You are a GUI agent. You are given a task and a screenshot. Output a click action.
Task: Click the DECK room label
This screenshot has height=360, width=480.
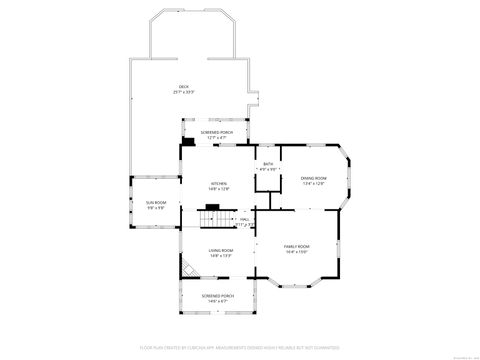(183, 87)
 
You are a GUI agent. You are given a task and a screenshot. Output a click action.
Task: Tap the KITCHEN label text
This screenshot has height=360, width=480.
(218, 183)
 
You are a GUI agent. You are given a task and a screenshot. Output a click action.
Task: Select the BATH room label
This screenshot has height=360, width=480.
(267, 164)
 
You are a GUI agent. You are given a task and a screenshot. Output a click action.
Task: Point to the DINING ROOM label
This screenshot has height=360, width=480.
(315, 178)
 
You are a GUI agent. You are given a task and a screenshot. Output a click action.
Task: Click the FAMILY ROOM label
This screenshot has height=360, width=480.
(297, 246)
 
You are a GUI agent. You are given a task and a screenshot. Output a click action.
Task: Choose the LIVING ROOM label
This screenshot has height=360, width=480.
(221, 251)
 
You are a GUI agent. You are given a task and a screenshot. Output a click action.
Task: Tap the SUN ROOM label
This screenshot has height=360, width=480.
(156, 203)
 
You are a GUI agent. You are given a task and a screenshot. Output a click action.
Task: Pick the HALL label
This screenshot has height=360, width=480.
(245, 219)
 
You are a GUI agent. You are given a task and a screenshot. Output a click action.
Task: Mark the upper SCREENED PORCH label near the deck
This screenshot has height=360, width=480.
(217, 132)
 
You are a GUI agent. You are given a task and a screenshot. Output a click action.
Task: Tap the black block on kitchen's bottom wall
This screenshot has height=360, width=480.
(227, 205)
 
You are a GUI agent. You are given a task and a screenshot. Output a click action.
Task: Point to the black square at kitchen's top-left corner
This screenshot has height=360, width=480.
(187, 142)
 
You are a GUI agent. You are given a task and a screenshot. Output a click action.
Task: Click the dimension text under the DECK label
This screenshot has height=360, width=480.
(183, 93)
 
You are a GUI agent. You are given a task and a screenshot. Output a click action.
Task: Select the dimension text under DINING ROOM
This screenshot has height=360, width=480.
(315, 184)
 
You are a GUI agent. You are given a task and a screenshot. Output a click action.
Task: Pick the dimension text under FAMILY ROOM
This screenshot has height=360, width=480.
(297, 252)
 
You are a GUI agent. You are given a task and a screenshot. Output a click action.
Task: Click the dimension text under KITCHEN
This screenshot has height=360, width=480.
(218, 189)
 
